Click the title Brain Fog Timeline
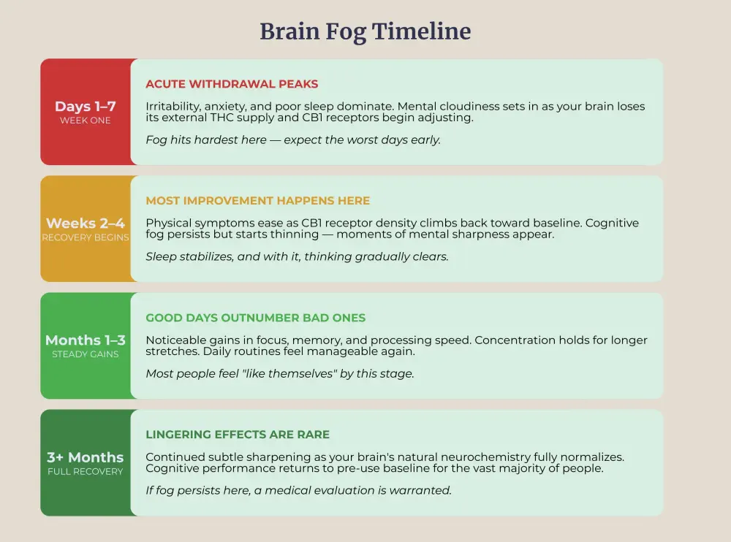coord(365,31)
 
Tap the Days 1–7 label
coord(85,107)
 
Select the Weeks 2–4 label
coord(85,224)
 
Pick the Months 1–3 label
coord(85,340)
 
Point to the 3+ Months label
coord(85,457)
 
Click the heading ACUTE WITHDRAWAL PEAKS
coord(232,84)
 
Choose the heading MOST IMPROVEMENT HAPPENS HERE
coord(257,201)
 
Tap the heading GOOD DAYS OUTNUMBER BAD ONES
coord(255,318)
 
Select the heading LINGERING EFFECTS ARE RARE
coord(238,435)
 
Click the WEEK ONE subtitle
coord(85,121)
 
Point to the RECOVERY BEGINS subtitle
coord(85,237)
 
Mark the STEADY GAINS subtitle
coord(85,354)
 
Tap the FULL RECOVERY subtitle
coord(85,471)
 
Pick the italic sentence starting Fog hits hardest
coord(293,140)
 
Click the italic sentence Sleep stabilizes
coord(297,256)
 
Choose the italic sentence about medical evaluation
coord(298,490)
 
